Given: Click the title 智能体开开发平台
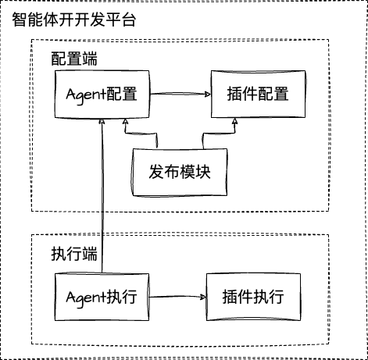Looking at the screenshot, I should tap(75, 20).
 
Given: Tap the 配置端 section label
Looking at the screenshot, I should tap(75, 60).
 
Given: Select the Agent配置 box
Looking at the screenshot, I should tap(102, 94).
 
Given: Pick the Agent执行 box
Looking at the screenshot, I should tap(102, 297).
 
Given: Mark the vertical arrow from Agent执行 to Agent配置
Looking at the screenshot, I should tap(102, 195).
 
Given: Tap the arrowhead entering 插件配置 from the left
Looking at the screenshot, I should tap(206, 94).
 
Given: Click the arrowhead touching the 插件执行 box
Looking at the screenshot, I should tap(202, 297).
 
